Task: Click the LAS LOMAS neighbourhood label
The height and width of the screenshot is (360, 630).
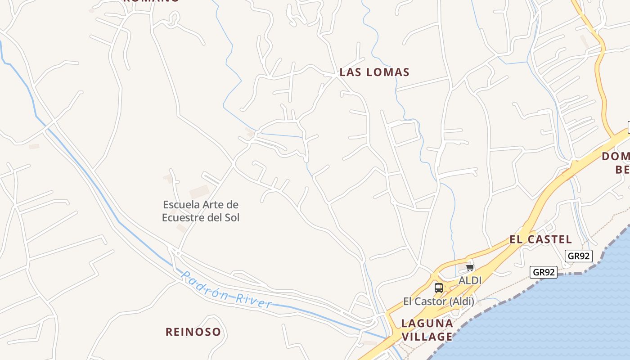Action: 374,72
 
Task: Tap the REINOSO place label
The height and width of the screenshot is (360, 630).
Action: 193,332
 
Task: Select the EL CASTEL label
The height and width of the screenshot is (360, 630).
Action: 540,239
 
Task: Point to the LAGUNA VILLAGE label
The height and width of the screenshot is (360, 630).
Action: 427,330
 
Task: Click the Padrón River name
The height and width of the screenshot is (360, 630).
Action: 226,290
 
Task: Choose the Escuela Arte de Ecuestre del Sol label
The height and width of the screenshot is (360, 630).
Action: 201,211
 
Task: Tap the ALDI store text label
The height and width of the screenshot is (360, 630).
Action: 470,280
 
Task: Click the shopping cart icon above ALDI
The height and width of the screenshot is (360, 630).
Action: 470,268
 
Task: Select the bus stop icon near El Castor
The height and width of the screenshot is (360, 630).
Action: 438,288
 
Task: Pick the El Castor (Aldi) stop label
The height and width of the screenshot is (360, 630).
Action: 438,301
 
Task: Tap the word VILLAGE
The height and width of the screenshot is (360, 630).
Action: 427,337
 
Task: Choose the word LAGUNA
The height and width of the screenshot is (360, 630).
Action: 427,323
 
